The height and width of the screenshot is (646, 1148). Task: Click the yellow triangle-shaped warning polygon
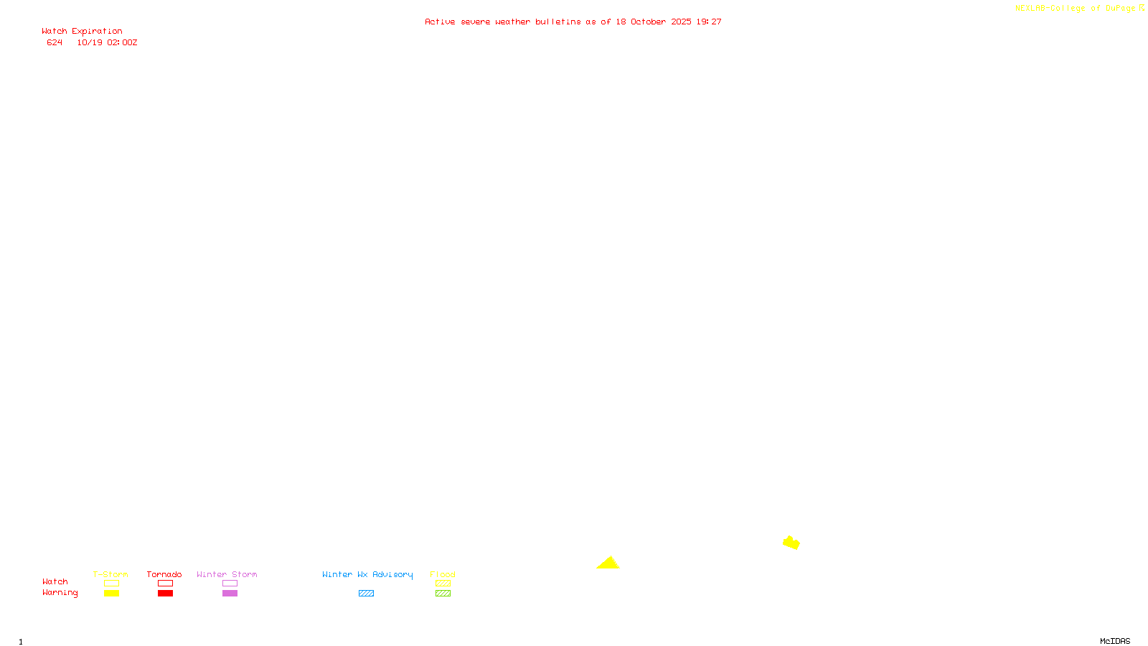[x=608, y=563]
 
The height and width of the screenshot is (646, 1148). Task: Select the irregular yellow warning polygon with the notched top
[x=791, y=543]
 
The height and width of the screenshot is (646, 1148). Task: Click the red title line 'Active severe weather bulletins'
[x=573, y=22]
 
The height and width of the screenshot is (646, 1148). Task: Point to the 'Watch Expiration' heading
[x=82, y=32]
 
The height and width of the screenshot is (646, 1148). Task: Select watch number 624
[x=55, y=43]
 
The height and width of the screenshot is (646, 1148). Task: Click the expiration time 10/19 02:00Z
[x=107, y=43]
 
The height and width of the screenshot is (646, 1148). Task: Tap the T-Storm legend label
[x=110, y=574]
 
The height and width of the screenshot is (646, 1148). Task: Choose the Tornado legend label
[x=164, y=574]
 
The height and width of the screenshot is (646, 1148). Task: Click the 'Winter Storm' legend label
[x=227, y=574]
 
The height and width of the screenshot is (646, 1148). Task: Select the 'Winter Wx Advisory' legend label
[x=367, y=574]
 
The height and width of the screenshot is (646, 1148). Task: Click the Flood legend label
[x=443, y=574]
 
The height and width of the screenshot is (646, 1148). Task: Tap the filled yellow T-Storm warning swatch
[x=111, y=594]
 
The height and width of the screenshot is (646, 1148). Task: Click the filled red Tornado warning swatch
[x=166, y=594]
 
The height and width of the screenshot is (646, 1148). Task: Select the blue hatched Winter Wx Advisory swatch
[x=366, y=594]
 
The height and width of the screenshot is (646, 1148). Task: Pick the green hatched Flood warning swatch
[x=443, y=594]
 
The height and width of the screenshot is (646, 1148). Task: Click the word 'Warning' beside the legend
[x=60, y=593]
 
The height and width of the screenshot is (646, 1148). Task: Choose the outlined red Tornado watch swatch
[x=166, y=584]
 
